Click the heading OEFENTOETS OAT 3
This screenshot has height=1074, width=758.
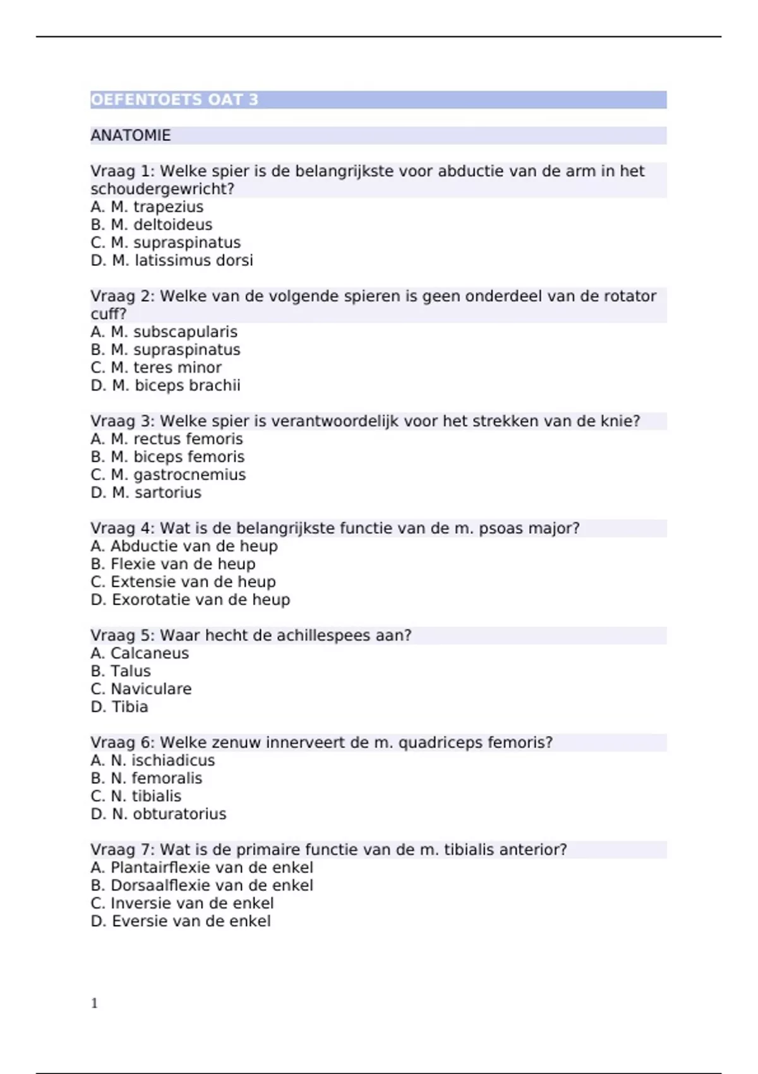[x=174, y=100]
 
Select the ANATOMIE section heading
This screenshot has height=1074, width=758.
[x=131, y=135]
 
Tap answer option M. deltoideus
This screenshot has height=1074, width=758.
[x=152, y=225]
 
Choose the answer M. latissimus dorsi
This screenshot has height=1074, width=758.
[x=172, y=260]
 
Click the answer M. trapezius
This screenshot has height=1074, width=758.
[x=147, y=207]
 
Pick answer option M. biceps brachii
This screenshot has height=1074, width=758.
[x=165, y=385]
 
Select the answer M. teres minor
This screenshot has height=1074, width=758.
[x=156, y=368]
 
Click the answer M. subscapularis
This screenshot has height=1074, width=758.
[x=164, y=332]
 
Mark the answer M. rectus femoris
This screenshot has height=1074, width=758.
[x=167, y=439]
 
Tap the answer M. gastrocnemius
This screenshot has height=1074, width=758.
[x=168, y=475]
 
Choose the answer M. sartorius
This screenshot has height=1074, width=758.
[x=146, y=493]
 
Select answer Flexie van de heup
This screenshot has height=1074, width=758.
[x=173, y=564]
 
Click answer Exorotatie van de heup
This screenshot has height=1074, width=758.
[x=190, y=600]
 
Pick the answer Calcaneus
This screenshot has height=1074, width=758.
[x=140, y=653]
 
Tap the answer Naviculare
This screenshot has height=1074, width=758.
[x=141, y=689]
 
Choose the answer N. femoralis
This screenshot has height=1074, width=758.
[x=147, y=778]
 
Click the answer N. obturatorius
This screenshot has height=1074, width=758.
[x=159, y=814]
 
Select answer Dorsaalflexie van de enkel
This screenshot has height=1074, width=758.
[x=202, y=886]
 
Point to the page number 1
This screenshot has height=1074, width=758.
[x=95, y=1003]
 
